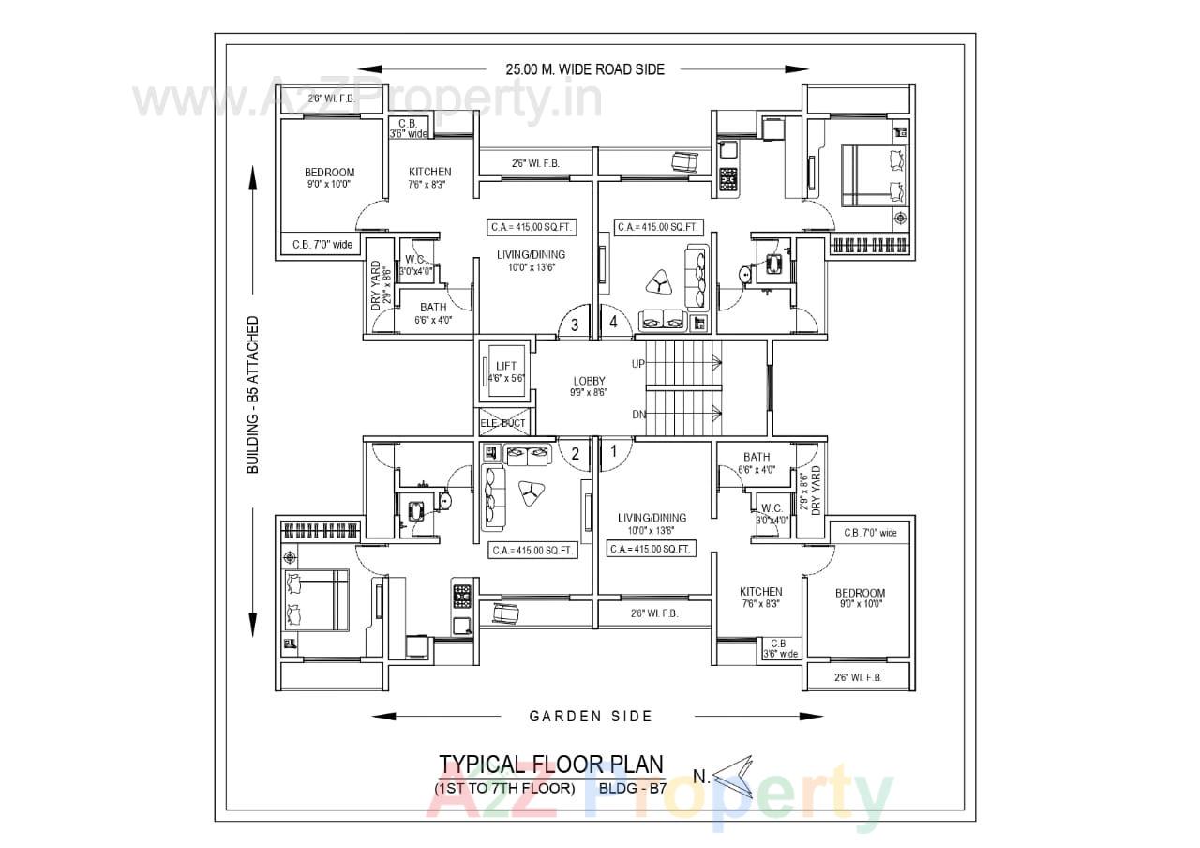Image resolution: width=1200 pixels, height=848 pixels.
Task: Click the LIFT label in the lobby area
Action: pos(505,366)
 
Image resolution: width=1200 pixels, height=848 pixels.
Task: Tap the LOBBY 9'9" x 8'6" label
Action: pos(590,386)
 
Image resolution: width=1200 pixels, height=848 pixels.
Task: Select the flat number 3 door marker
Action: pos(575,325)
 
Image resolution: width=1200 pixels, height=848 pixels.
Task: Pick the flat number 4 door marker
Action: pos(613,322)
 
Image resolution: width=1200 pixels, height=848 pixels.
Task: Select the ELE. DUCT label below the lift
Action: pos(503,423)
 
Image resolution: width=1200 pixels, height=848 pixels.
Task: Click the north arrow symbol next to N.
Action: pos(735,775)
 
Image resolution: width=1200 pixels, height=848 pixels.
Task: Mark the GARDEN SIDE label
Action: pos(591,717)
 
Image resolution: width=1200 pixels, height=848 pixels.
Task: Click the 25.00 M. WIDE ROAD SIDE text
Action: pos(585,68)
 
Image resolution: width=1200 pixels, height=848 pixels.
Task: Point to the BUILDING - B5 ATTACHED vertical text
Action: pos(253,395)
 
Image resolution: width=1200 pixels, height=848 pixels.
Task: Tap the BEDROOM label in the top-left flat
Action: pos(329,173)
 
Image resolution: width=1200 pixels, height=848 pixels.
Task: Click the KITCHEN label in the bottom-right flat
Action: pos(760,592)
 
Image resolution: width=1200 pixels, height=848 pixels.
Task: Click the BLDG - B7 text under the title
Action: pos(632,788)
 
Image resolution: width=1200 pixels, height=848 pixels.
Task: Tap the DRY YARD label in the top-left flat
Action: pos(376,286)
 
